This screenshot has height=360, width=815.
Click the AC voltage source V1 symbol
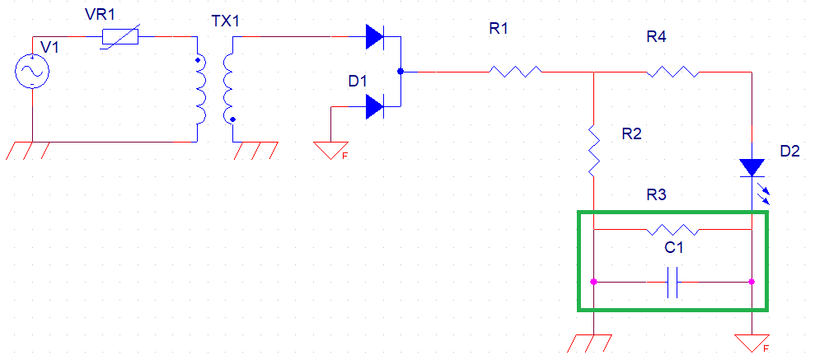pos(31,72)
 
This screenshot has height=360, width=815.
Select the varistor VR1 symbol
pos(120,37)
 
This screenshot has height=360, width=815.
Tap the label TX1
pos(225,21)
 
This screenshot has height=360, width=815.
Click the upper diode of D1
pos(375,36)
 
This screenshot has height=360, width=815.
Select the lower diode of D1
pos(375,106)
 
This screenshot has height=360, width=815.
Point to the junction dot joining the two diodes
pos(400,72)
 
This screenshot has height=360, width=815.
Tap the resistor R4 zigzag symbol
pos(672,72)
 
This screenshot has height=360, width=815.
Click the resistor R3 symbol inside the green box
pos(672,228)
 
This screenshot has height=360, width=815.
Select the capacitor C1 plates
pos(672,282)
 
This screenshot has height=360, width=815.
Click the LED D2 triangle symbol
pos(752,167)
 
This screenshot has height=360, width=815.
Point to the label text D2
pos(789,151)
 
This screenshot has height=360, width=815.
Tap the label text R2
pos(631,134)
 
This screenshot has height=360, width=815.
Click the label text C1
pos(672,247)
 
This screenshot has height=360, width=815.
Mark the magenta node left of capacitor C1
pos(593,282)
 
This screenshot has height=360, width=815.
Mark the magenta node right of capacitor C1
pos(752,282)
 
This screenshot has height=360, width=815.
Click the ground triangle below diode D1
pos(330,149)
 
